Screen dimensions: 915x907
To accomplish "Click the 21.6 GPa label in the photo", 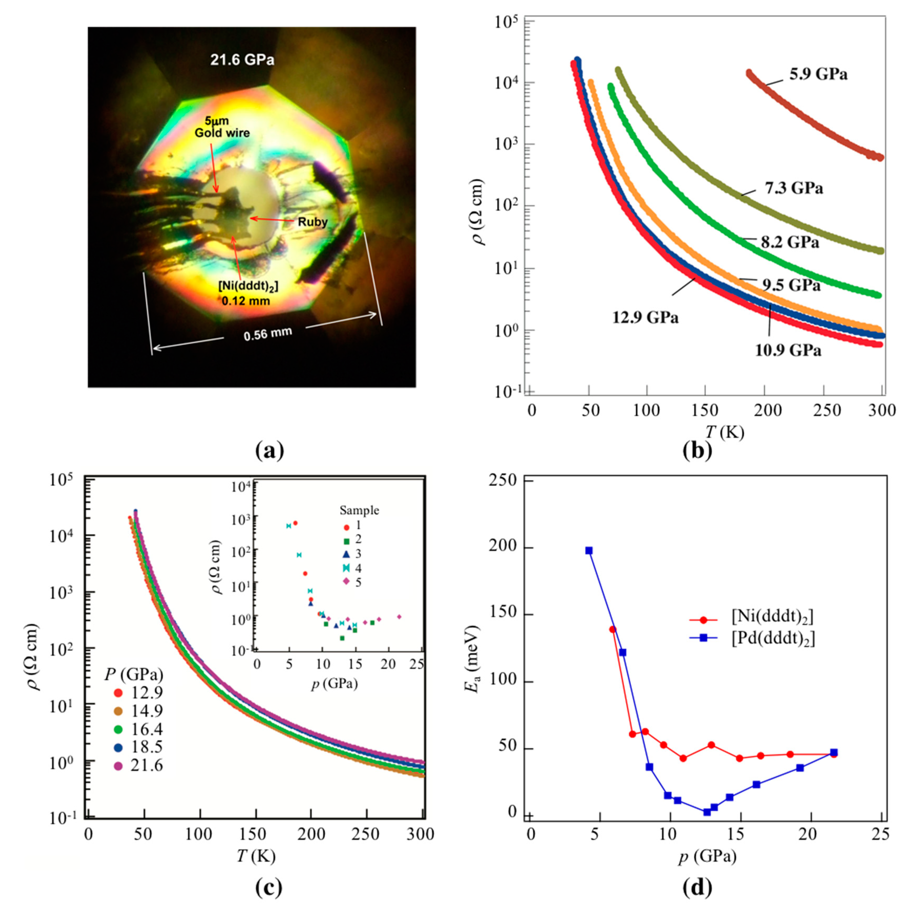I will (x=242, y=60).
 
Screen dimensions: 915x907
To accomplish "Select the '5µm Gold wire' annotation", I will (x=222, y=127).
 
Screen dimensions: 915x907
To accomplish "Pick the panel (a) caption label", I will (x=269, y=450).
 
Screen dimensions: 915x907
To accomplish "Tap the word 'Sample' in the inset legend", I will (x=359, y=510).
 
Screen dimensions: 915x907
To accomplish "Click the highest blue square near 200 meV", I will (x=589, y=550).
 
